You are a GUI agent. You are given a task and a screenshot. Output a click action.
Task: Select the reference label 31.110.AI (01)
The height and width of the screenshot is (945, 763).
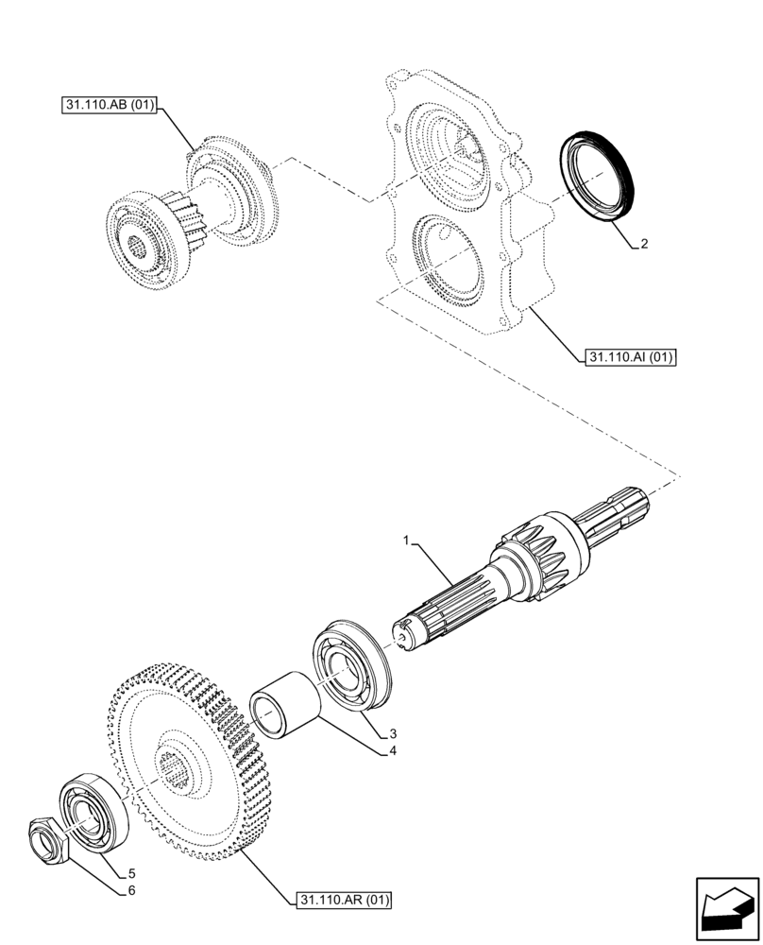pyautogui.click(x=632, y=358)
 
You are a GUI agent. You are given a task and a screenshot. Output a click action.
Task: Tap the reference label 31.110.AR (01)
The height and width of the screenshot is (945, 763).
pyautogui.click(x=345, y=898)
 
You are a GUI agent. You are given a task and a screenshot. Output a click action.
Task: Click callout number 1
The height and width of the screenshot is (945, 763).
pyautogui.click(x=407, y=541)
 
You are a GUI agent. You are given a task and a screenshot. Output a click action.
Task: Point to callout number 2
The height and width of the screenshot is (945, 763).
pyautogui.click(x=643, y=244)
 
